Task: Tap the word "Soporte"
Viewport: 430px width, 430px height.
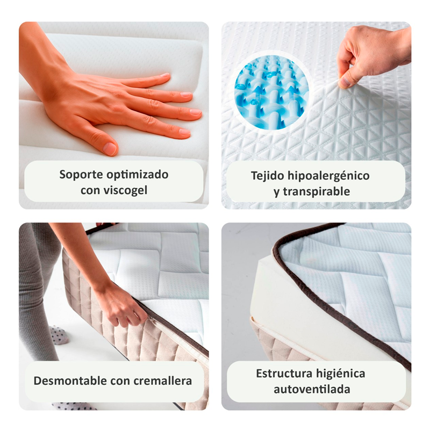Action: click(x=81, y=175)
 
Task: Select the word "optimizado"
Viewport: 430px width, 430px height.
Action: click(x=138, y=175)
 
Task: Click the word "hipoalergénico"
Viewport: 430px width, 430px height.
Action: click(x=328, y=176)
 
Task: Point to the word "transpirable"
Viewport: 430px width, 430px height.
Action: click(x=316, y=191)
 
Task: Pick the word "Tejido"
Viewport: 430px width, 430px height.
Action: click(x=267, y=176)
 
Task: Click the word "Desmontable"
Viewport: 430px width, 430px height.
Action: click(x=70, y=381)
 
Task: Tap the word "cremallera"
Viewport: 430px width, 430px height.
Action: click(x=162, y=381)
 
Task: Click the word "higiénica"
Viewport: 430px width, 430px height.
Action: click(x=340, y=374)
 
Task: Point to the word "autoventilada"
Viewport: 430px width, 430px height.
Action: click(x=312, y=389)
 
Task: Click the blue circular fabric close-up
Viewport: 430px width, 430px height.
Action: click(x=271, y=92)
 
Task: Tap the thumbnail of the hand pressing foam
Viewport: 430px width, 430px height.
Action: click(x=114, y=115)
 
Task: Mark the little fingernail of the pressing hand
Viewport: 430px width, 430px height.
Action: click(x=184, y=132)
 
